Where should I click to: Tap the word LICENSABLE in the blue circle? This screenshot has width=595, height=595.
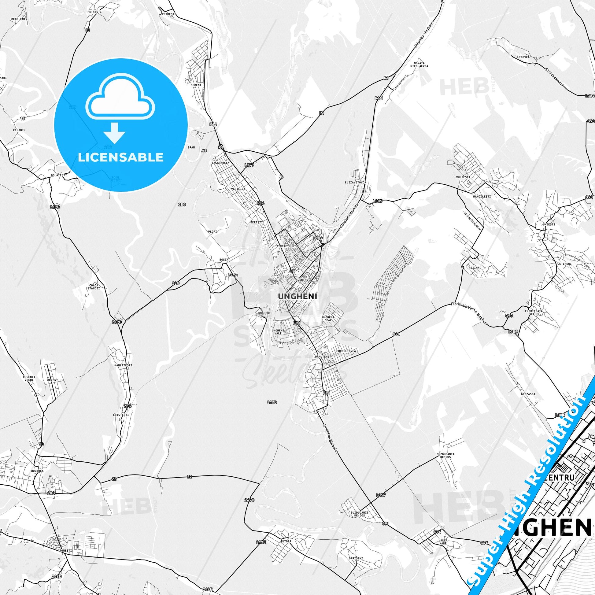(x=121, y=157)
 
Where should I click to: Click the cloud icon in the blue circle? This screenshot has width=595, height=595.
(x=120, y=102)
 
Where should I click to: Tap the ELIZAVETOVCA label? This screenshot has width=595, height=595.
(x=355, y=182)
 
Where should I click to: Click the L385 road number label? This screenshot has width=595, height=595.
(x=377, y=201)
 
